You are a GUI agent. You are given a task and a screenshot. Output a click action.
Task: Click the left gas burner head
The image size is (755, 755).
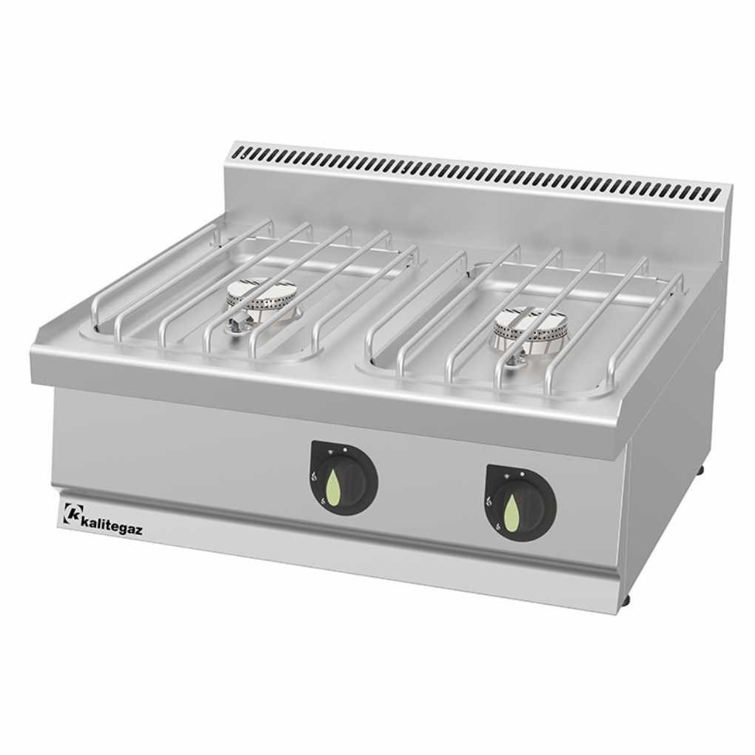pos(260,297)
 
